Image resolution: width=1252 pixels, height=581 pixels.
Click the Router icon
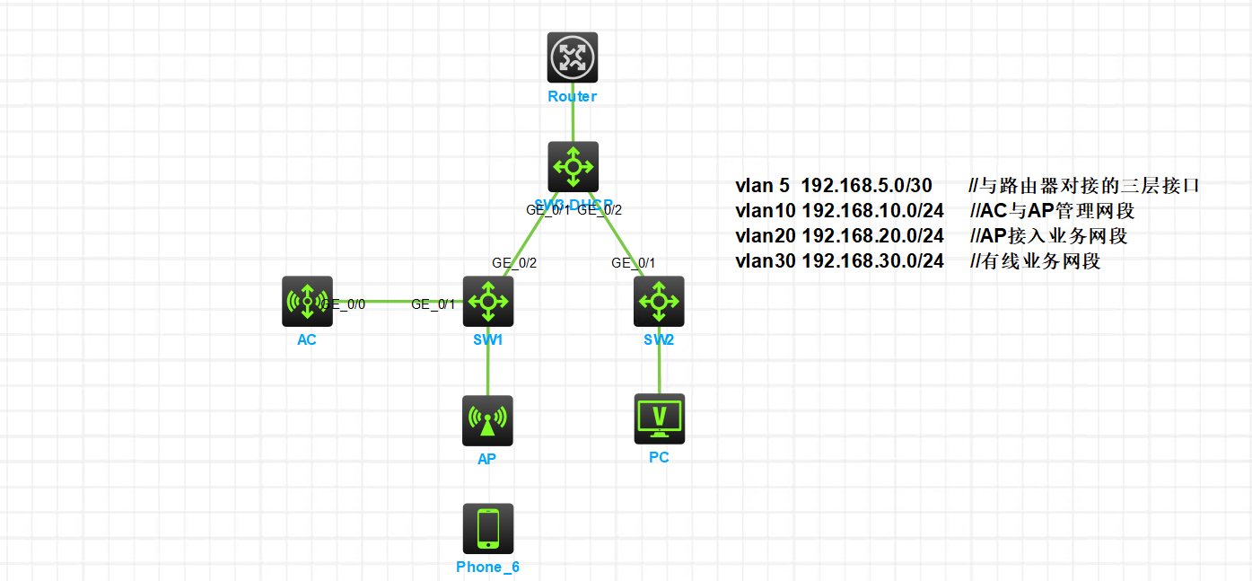tap(573, 57)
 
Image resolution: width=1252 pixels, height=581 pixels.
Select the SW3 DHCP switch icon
tap(573, 166)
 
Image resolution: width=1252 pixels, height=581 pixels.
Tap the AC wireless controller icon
tap(307, 301)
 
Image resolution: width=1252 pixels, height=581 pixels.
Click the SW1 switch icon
tap(487, 301)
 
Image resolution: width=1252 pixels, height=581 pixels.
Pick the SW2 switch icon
tap(659, 301)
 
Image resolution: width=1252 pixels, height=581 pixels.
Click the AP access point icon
tap(487, 420)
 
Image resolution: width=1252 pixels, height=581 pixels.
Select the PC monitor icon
tap(659, 418)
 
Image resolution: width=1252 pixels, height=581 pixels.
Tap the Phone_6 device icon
tap(487, 528)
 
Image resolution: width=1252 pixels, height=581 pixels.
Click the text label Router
tap(573, 96)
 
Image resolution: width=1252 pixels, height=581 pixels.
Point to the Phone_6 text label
tap(487, 567)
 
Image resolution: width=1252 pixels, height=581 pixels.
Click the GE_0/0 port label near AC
tap(345, 304)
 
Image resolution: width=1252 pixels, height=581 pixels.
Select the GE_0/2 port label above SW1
tap(514, 263)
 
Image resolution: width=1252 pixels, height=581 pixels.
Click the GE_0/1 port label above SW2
tap(634, 263)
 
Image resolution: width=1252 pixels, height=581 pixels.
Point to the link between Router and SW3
tap(573, 122)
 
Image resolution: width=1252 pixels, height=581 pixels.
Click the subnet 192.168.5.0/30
tap(866, 186)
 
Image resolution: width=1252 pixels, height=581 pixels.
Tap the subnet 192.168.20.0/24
tap(872, 236)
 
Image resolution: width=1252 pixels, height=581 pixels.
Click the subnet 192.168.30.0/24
tap(872, 261)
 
